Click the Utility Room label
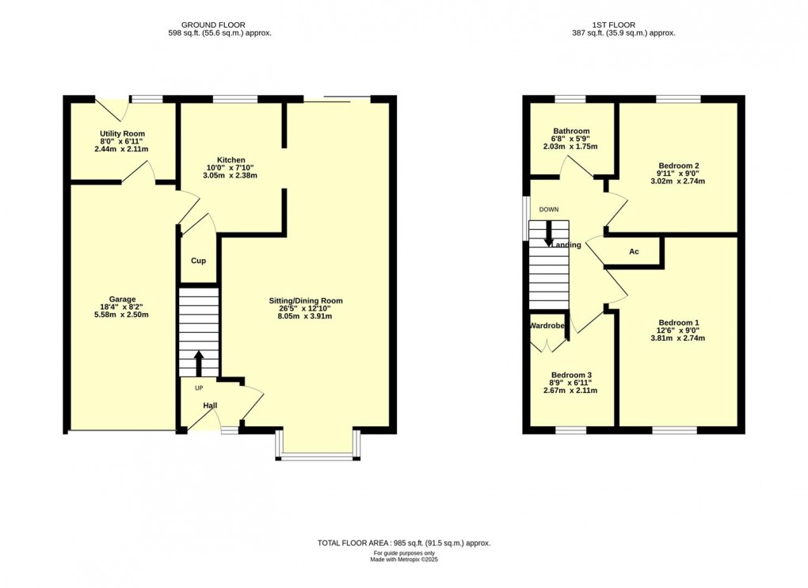click(x=122, y=134)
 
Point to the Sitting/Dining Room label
click(x=305, y=301)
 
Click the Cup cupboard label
click(x=198, y=261)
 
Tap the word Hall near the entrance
click(x=210, y=406)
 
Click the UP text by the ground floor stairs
click(x=198, y=388)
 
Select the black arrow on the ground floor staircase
click(x=198, y=364)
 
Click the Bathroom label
click(x=571, y=132)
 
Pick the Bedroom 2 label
click(x=677, y=166)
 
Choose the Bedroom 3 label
click(x=571, y=375)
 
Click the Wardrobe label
click(x=547, y=325)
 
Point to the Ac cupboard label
click(x=634, y=252)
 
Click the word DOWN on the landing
click(x=548, y=209)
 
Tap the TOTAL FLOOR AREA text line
click(x=404, y=543)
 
